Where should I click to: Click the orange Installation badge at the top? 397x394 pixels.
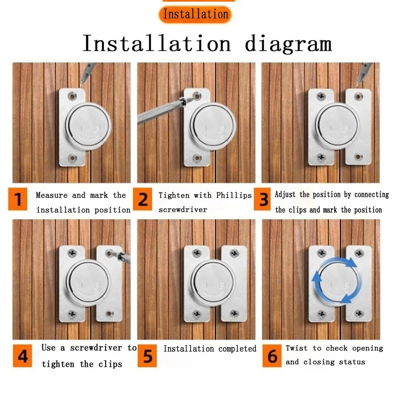195,14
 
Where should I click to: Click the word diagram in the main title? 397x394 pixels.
288,44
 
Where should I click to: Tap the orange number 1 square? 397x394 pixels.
17,199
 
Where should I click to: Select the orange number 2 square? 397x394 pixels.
143,199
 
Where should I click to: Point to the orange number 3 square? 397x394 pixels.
262,199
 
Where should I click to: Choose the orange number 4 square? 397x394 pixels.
22,356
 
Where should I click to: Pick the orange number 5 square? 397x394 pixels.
147,356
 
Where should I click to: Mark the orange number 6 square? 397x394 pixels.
272,356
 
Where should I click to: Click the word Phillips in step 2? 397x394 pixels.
234,195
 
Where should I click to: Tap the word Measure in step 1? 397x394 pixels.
52,195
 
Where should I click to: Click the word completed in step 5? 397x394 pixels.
237,349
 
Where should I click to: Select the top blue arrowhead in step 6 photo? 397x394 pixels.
351,263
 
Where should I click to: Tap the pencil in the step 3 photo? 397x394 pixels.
364,73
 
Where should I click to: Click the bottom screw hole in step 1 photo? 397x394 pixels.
72,158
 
